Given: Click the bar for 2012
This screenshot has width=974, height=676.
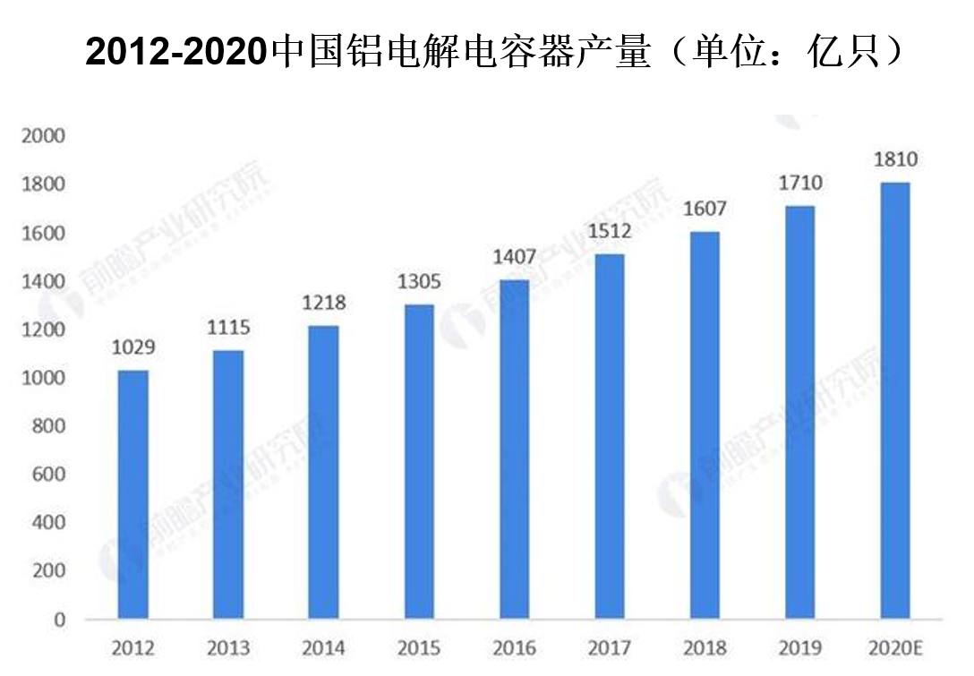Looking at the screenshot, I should tap(133, 494).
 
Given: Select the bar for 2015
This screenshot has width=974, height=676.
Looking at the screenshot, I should tap(419, 462).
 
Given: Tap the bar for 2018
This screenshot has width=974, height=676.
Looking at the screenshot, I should tap(705, 425).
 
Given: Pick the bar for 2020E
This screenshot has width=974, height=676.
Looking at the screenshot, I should tap(895, 401).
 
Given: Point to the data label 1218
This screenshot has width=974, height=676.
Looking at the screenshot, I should tap(323, 304).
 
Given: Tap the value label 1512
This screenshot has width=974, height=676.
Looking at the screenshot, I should tap(610, 233).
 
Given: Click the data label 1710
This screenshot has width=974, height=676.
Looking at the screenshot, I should tap(800, 184).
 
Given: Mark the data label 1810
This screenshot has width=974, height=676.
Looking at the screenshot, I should tap(895, 160).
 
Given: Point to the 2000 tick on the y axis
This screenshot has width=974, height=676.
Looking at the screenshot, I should tap(44, 136).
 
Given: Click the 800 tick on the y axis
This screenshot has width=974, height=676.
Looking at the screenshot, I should tap(49, 426).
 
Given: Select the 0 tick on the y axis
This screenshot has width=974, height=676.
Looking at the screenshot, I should tap(60, 620).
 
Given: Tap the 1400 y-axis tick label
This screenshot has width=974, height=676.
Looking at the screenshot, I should tap(44, 281).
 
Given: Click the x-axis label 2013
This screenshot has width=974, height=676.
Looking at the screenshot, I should tap(228, 647).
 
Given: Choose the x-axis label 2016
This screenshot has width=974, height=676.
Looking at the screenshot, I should tap(514, 647).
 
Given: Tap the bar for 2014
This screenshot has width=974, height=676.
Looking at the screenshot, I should tap(323, 473).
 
